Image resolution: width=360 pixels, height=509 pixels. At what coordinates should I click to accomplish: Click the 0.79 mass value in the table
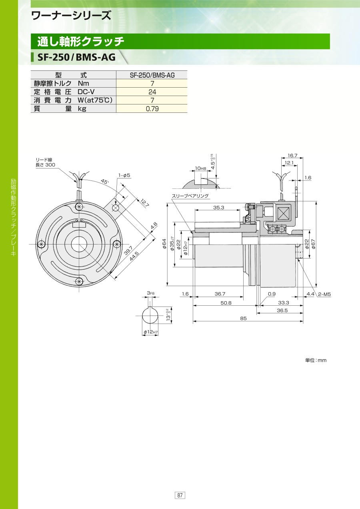152,108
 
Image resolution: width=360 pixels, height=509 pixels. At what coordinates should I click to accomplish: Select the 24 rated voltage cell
152,92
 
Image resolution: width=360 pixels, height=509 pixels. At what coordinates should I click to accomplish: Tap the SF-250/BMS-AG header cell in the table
152,75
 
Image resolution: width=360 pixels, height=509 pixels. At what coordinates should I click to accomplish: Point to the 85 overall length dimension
243,319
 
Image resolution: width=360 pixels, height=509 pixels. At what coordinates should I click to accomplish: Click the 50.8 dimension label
226,303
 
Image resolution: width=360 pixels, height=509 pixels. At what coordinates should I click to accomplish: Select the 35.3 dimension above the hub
219,207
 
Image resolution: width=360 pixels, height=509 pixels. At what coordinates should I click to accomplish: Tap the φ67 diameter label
314,244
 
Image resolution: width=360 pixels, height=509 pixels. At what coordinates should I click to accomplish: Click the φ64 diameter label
164,244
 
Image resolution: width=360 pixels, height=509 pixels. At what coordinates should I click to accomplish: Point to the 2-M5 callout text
324,294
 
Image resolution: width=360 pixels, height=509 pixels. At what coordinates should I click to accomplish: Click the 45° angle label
104,182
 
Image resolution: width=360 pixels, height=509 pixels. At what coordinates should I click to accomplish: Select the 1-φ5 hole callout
124,175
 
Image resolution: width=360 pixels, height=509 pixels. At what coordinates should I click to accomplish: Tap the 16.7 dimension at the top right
292,155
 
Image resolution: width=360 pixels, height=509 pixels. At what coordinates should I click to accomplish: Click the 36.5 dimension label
282,311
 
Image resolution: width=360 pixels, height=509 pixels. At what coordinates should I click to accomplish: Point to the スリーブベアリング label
190,196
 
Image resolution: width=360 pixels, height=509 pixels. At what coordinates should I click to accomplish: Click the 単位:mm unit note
316,360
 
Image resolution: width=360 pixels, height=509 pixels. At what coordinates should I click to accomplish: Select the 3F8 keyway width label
150,293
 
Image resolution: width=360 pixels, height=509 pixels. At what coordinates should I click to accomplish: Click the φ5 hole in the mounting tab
116,207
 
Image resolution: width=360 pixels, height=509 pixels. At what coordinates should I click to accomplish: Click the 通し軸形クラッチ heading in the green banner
81,42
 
